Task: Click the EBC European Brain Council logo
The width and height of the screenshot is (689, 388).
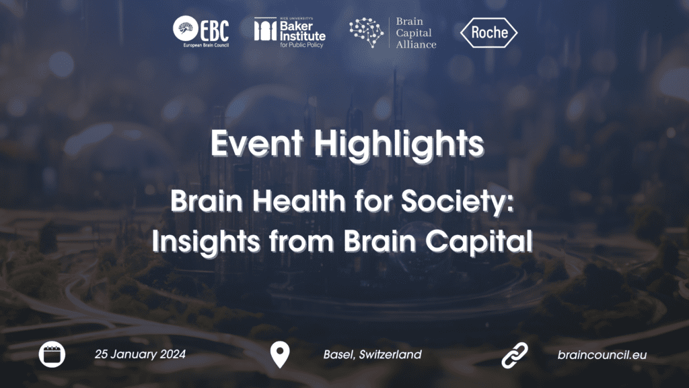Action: pyautogui.click(x=201, y=31)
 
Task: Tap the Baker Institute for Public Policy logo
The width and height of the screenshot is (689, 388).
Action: pyautogui.click(x=289, y=32)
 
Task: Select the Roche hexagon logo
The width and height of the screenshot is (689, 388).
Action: pyautogui.click(x=488, y=32)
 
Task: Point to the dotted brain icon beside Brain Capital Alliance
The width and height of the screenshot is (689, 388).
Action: pyautogui.click(x=367, y=32)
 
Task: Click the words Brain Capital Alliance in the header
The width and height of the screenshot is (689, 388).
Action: pyautogui.click(x=416, y=33)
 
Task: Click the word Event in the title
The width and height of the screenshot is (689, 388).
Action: pyautogui.click(x=257, y=143)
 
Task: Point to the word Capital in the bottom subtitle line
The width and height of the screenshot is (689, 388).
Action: pyautogui.click(x=479, y=243)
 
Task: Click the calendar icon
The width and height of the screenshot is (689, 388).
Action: pyautogui.click(x=52, y=354)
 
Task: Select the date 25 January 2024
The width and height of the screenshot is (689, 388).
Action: pyautogui.click(x=140, y=354)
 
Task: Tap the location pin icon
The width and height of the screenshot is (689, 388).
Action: pyautogui.click(x=280, y=354)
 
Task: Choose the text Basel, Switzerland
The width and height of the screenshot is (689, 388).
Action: pyautogui.click(x=373, y=354)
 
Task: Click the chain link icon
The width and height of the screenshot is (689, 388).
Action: pyautogui.click(x=515, y=355)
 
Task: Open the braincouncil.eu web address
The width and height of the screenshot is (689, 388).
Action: pyautogui.click(x=602, y=355)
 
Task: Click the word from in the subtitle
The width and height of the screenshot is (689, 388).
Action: pyautogui.click(x=301, y=242)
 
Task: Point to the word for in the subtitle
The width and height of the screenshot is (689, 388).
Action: pyautogui.click(x=373, y=201)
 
